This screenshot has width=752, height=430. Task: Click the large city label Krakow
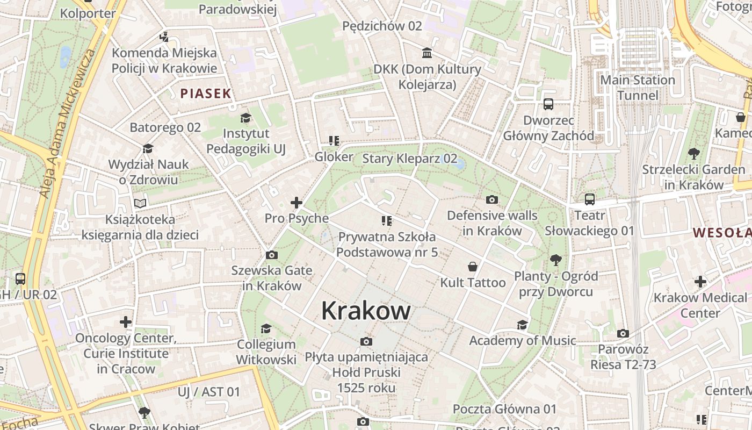[366, 311]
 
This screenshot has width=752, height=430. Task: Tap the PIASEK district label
[206, 94]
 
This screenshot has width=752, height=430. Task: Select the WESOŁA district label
[722, 233]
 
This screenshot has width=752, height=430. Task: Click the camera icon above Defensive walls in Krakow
[491, 200]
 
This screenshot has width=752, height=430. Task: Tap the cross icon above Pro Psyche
[296, 203]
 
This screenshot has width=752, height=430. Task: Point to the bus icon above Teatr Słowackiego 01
[589, 199]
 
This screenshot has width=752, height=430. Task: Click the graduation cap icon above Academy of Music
[522, 325]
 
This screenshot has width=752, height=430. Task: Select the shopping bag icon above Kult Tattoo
[473, 267]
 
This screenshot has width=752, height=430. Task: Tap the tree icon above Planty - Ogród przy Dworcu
[555, 260]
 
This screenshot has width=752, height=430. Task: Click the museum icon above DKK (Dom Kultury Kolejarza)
[427, 53]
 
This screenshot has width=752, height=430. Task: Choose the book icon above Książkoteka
[140, 204]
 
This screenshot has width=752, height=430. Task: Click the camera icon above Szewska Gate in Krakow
[272, 255]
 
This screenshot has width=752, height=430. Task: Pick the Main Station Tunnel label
[638, 88]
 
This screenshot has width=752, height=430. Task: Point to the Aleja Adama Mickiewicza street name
[67, 124]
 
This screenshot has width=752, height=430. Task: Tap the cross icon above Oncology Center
[126, 322]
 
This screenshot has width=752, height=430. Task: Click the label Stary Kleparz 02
[410, 159]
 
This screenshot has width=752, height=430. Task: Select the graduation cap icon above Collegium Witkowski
[266, 328]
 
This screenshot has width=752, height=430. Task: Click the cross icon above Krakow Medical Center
[700, 282]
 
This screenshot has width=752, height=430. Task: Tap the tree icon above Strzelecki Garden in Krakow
[693, 154]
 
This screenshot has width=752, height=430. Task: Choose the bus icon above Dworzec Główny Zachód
[548, 104]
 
